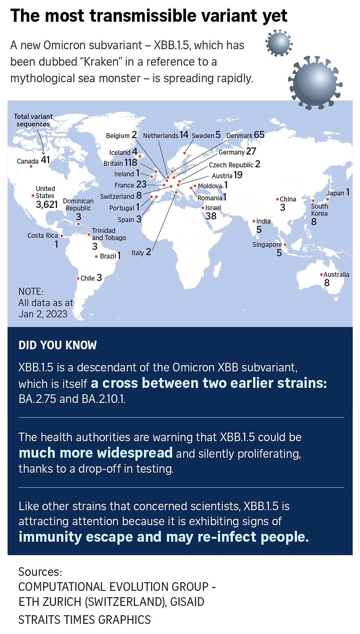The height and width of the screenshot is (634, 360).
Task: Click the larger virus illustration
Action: [x=315, y=83]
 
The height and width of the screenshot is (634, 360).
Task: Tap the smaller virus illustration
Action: [x=279, y=43]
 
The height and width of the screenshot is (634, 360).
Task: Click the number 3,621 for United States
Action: [x=47, y=204]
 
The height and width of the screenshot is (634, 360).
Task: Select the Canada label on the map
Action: [x=27, y=161]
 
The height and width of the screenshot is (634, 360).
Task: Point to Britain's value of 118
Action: [x=131, y=162]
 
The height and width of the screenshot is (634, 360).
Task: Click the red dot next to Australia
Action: [x=321, y=274]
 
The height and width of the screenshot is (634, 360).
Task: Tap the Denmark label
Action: [x=239, y=135]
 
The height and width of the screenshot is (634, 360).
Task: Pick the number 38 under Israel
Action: [x=211, y=216]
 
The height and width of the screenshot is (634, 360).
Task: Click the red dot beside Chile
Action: [x=78, y=278]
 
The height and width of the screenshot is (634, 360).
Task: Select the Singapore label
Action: [x=267, y=245]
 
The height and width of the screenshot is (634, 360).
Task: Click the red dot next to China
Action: [x=277, y=199]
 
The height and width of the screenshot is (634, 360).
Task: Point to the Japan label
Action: [x=335, y=193]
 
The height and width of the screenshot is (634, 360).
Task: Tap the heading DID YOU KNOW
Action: [x=57, y=345]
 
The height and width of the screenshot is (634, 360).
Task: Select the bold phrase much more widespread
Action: [x=95, y=452]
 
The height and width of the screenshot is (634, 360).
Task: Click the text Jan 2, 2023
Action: [x=43, y=314]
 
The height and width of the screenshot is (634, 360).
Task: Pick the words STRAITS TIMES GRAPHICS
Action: [x=85, y=619]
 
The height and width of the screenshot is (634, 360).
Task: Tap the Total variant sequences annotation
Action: [x=33, y=120]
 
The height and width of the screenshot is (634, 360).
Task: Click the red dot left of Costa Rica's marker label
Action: [x=62, y=236]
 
